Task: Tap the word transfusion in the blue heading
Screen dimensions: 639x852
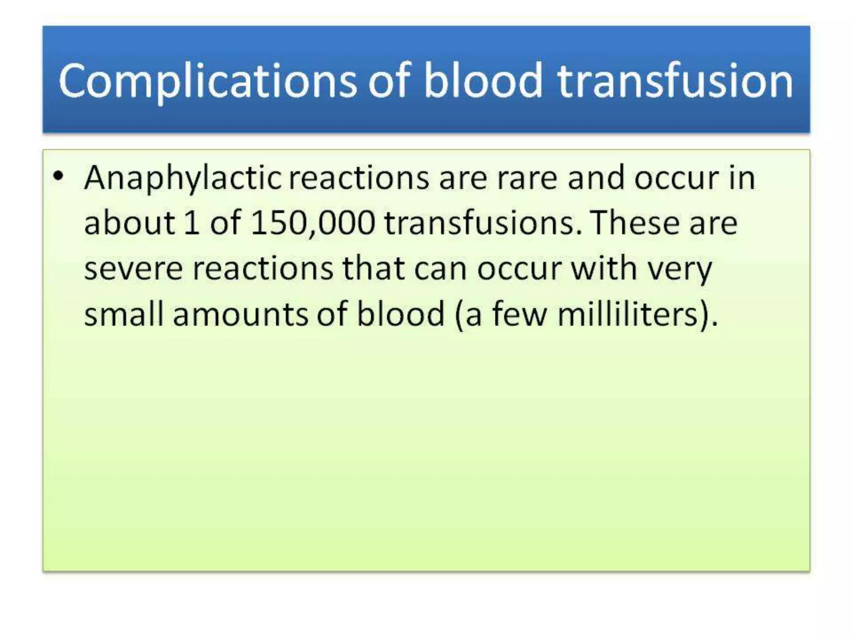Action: pos(675,81)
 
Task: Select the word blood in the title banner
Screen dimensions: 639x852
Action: pos(483,81)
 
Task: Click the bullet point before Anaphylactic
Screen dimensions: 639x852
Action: pos(59,176)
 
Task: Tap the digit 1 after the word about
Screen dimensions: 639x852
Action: pos(191,223)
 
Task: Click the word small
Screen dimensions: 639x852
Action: pos(124,314)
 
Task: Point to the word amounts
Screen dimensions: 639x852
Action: pos(240,315)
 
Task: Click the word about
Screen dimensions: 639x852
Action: pos(129,223)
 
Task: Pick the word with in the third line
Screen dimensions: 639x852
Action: pos(604,268)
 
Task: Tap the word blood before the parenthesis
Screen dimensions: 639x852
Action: pos(401,314)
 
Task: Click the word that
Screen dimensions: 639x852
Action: pos(373,268)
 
